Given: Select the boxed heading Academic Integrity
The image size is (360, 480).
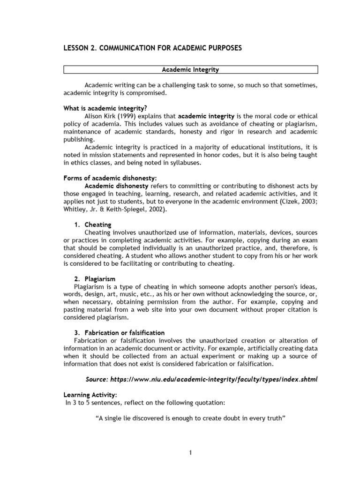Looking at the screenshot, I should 190,70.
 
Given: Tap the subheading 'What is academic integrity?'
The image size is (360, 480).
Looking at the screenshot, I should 99,108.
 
